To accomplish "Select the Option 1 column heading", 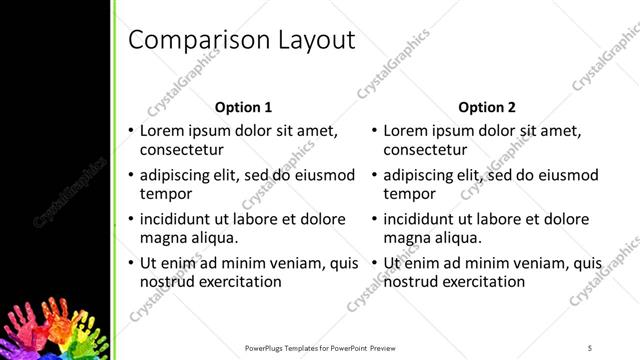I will click(243, 106).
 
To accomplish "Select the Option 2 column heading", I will click(487, 106).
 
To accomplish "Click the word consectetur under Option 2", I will click(424, 151).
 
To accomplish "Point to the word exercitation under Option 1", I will click(239, 281).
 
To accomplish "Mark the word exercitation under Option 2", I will click(483, 281).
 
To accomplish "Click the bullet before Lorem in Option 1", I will click(130, 131).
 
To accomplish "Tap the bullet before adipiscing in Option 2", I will click(374, 175).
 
